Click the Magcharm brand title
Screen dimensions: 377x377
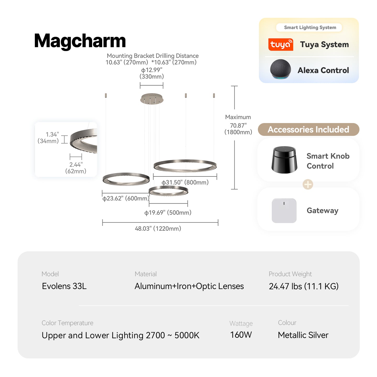click(x=80, y=41)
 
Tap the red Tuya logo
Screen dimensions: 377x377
click(x=281, y=45)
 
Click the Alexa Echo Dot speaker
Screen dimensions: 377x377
click(x=280, y=69)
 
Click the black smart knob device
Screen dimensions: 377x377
click(x=284, y=160)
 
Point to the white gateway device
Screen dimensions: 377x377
click(x=284, y=210)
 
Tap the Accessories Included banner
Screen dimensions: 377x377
click(x=308, y=129)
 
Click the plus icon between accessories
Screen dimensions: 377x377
click(x=308, y=184)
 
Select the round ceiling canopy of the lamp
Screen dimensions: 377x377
click(x=152, y=99)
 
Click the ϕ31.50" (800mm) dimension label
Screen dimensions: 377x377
click(x=185, y=182)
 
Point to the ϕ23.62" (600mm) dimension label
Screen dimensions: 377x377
click(x=126, y=198)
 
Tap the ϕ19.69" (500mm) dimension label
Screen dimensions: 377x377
click(x=168, y=213)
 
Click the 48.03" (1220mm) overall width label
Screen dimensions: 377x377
click(x=158, y=229)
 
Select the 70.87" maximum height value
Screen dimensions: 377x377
click(x=238, y=125)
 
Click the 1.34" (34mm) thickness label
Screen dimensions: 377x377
click(x=48, y=137)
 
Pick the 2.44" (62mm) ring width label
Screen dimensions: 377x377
click(x=76, y=168)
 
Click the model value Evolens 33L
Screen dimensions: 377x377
click(x=64, y=286)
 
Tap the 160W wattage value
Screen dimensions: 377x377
click(x=241, y=335)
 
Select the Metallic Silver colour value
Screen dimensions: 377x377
click(x=303, y=335)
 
